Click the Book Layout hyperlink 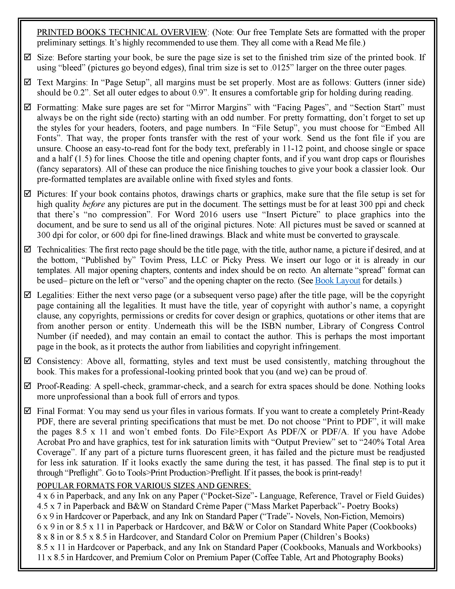[x=337, y=281]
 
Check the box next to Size [x=27, y=57]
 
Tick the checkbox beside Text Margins [x=27, y=82]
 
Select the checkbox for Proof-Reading [x=27, y=386]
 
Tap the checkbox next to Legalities [x=27, y=295]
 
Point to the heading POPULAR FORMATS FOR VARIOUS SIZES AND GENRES [x=144, y=486]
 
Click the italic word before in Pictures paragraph [x=93, y=204]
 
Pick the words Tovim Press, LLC [x=174, y=260]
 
